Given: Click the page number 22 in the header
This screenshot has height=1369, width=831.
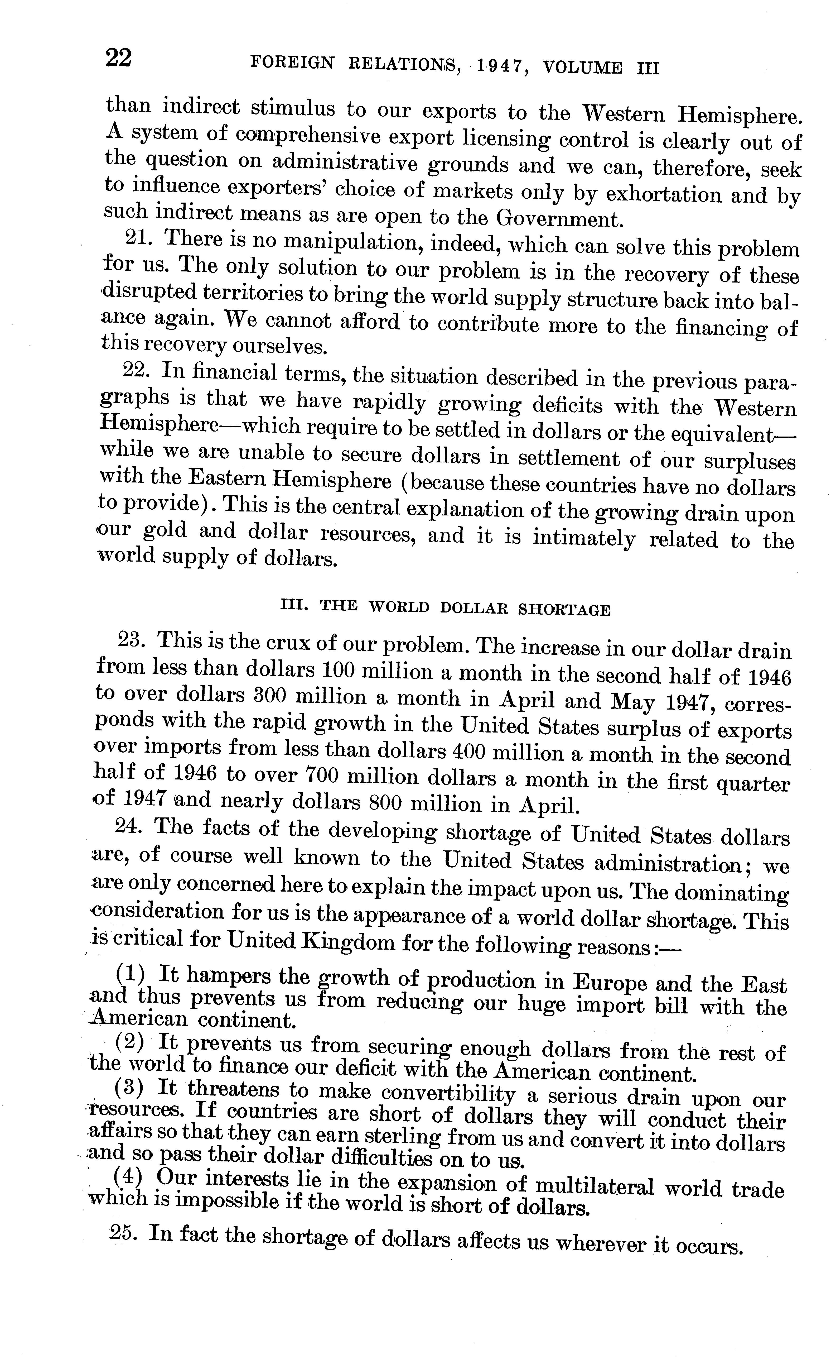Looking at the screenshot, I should point(118,58).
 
